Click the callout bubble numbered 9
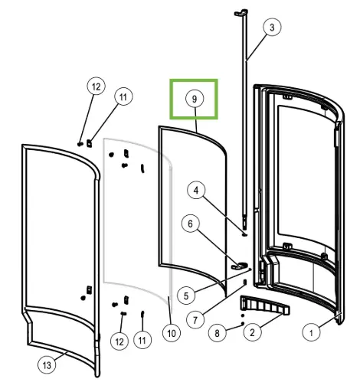(195, 99)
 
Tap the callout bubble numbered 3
(272, 27)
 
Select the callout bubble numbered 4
(196, 190)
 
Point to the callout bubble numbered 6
(191, 224)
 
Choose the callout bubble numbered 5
(186, 296)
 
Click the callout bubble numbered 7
(195, 320)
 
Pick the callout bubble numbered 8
(217, 333)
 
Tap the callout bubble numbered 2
(252, 332)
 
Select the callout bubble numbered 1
(311, 333)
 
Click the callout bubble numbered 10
(172, 333)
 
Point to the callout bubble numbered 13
(47, 365)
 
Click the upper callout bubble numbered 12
(96, 87)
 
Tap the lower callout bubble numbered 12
(119, 341)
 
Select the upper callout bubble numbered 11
(123, 96)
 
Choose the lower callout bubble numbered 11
(142, 340)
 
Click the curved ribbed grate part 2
(264, 304)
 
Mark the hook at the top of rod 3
(241, 12)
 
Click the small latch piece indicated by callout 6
(238, 266)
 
